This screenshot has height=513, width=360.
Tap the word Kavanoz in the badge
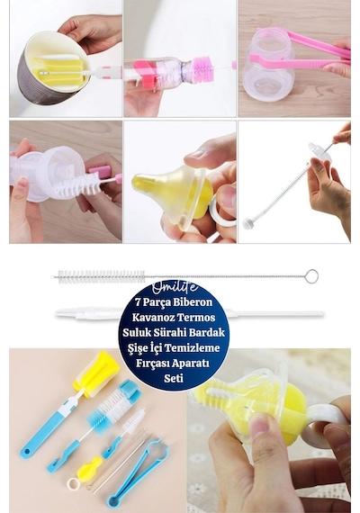click(x=152, y=317)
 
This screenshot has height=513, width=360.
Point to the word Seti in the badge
click(x=174, y=378)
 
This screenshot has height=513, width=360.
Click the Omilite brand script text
click(x=175, y=287)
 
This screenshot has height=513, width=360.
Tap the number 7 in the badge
click(x=138, y=301)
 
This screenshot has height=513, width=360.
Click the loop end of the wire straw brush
click(x=311, y=276)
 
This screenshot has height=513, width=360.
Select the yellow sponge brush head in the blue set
click(x=96, y=373)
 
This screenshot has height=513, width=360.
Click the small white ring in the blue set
click(x=73, y=483)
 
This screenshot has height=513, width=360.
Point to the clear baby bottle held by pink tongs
click(x=267, y=66)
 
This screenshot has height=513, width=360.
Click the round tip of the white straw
click(x=247, y=223)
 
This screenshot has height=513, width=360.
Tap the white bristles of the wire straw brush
click(x=100, y=277)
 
